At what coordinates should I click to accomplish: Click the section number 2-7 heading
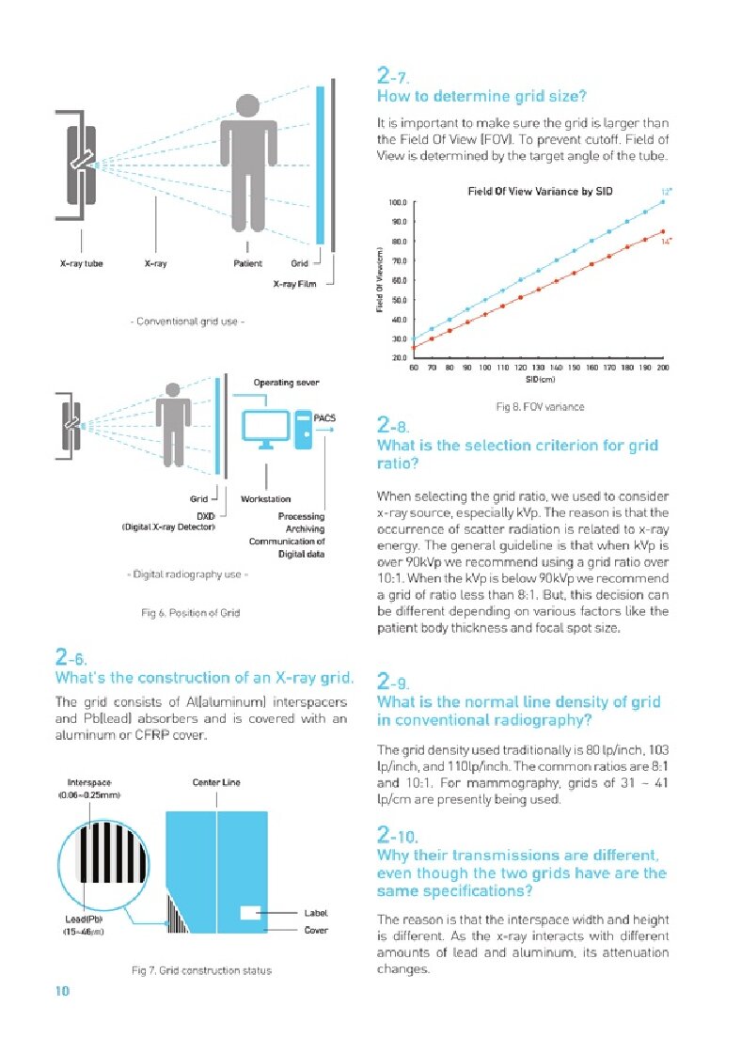click(392, 74)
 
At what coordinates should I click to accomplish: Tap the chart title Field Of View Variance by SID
click(540, 192)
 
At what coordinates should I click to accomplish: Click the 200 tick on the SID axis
click(663, 367)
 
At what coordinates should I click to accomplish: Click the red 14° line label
click(666, 242)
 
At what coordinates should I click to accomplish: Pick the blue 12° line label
click(667, 192)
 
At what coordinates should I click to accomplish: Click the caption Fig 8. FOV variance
click(540, 407)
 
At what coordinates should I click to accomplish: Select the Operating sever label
click(287, 383)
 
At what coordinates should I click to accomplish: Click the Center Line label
click(215, 782)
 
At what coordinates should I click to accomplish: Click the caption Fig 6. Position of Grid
click(190, 613)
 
